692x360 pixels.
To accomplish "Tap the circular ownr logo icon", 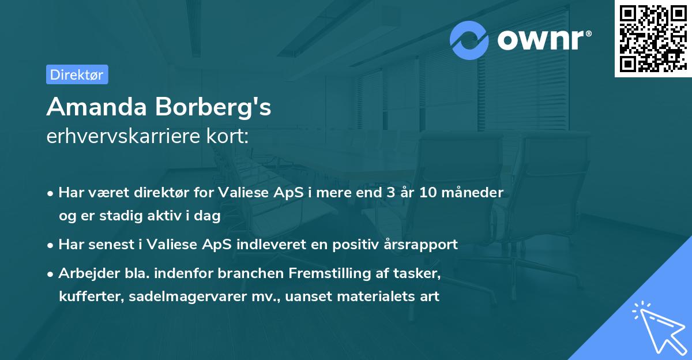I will tap(469, 40).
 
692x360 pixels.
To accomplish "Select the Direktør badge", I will tap(77, 74).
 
